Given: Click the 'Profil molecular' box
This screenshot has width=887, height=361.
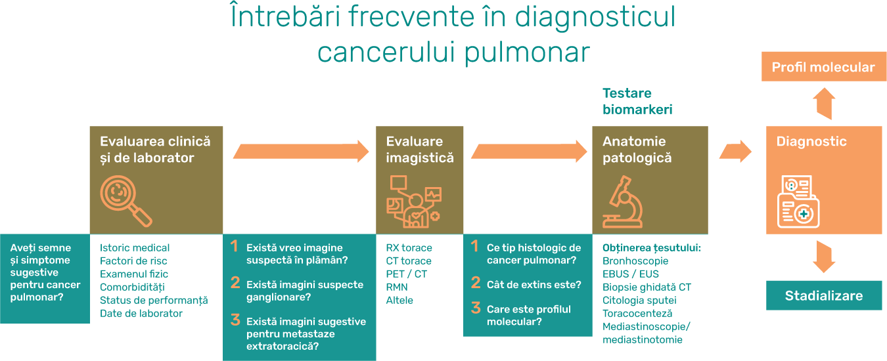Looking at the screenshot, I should tap(823, 67).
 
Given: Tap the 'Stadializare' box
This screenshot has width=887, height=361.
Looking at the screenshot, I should tap(823, 295).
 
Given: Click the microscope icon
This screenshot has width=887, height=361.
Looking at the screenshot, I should tap(624, 202).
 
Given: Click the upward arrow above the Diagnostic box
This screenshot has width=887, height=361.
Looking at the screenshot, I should tap(823, 104).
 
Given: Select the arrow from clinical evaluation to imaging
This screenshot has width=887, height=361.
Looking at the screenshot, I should tap(301, 151).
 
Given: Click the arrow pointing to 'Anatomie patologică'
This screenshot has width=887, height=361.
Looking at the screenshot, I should tap(528, 151).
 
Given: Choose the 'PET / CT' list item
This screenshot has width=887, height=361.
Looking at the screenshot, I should tap(406, 274).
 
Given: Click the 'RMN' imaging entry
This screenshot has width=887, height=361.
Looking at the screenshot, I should tap(397, 287).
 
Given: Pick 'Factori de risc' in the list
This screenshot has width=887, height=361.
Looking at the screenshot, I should tap(133, 261).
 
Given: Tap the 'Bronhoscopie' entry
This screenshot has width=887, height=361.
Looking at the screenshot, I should tap(635, 261).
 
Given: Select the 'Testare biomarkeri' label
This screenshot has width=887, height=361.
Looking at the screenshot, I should tap(637, 101).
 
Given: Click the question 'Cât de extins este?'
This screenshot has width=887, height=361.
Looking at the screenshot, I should tap(534, 284).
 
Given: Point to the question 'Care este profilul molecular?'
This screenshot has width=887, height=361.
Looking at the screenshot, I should tap(528, 315).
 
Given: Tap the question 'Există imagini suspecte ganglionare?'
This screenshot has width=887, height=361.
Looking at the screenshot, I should tap(304, 290).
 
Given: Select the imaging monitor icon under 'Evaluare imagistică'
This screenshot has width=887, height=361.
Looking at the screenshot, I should tap(413, 201).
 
